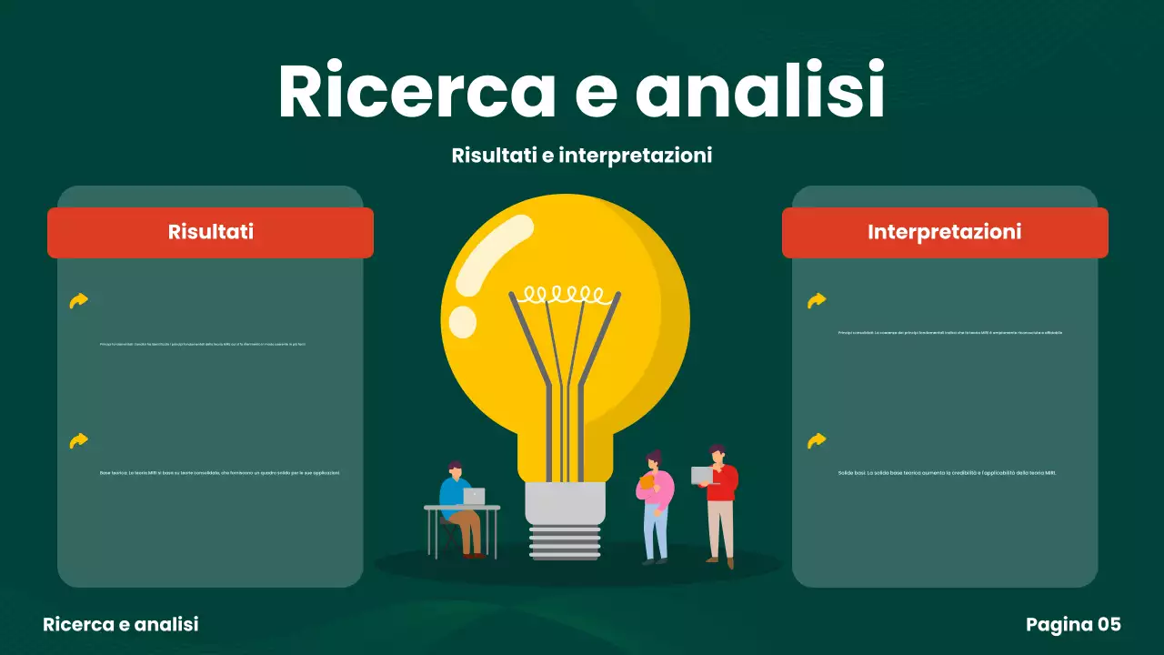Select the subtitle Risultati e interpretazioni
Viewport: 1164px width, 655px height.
point(581,156)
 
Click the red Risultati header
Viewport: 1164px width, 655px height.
point(210,232)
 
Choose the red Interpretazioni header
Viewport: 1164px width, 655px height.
point(944,232)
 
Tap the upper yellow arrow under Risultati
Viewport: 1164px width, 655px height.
point(79,300)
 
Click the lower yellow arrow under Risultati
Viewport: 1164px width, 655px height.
point(79,441)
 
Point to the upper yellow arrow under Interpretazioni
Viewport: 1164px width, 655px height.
point(817,300)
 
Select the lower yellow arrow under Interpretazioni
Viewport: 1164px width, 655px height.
point(817,441)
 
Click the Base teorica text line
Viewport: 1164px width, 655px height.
point(219,473)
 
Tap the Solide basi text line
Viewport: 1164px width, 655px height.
point(947,473)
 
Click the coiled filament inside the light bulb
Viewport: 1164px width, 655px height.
point(564,294)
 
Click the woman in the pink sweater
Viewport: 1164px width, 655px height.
point(656,505)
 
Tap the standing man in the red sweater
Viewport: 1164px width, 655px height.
point(721,500)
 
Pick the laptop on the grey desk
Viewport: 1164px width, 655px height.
point(474,497)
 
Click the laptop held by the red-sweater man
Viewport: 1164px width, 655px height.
point(702,476)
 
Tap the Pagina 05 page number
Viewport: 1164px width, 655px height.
point(1073,625)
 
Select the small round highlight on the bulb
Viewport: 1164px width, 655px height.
point(463,321)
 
